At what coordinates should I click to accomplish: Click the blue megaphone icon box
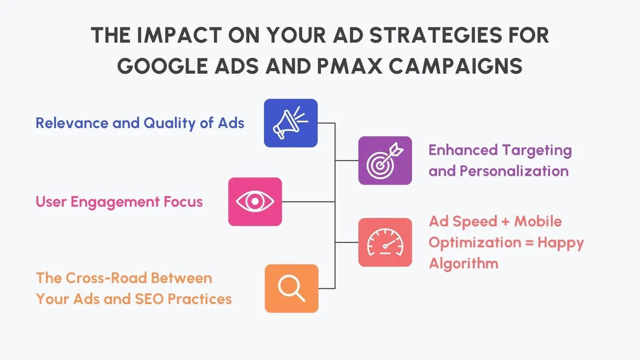tap(291, 123)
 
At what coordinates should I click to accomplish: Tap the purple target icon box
tap(385, 160)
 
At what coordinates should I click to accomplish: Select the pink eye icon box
tap(255, 202)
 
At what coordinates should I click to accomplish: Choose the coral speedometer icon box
tap(385, 242)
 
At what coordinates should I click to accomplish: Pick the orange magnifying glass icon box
tap(291, 289)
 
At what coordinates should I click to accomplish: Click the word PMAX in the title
tap(349, 66)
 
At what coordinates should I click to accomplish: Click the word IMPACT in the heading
tap(179, 35)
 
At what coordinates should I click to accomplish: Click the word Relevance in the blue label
tap(72, 123)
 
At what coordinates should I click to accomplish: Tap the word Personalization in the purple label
tap(514, 171)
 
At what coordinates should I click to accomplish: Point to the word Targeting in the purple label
tap(537, 151)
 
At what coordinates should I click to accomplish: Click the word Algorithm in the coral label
tap(464, 263)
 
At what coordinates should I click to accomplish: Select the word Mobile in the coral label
tap(538, 221)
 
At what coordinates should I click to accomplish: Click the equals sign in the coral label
tap(530, 243)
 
